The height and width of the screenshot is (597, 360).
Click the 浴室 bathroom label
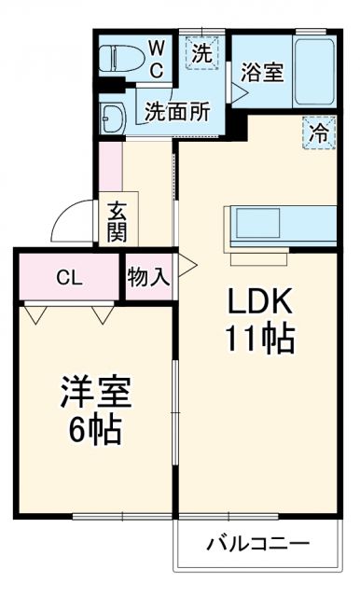262,71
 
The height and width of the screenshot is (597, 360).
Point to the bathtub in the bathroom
313,71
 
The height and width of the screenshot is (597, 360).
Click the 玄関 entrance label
116,221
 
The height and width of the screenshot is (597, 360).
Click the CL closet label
66,276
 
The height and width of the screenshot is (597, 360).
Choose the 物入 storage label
148,276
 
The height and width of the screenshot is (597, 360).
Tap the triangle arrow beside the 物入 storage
187,266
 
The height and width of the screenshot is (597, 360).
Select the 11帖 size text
260,338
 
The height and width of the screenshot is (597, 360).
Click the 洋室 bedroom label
95,393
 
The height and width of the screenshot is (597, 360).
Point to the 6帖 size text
95,430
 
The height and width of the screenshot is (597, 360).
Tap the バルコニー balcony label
258,544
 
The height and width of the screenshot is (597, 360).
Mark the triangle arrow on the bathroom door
239,93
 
